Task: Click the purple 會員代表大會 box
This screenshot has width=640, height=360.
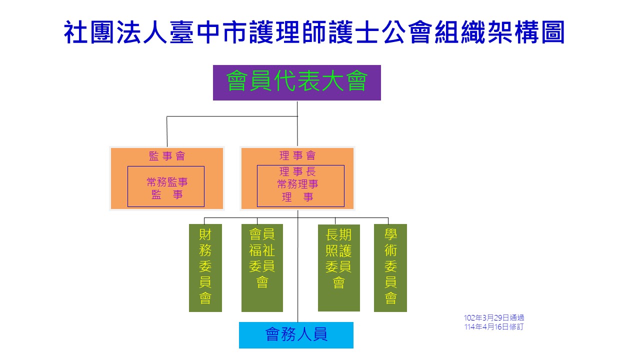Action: (x=296, y=82)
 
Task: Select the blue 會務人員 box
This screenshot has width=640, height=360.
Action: (x=296, y=334)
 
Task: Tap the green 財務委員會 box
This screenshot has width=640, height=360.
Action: (x=205, y=267)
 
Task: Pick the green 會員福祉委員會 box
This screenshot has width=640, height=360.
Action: (x=262, y=267)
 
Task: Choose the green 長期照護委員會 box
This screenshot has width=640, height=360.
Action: (x=338, y=267)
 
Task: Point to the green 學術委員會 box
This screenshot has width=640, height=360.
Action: (x=390, y=267)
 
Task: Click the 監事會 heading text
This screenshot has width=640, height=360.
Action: (x=167, y=156)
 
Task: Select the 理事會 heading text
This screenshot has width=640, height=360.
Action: (x=297, y=155)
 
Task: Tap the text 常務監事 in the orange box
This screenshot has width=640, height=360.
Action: (x=167, y=182)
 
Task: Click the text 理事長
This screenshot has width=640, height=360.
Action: (x=297, y=172)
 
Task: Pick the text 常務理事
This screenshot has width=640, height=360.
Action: (x=297, y=184)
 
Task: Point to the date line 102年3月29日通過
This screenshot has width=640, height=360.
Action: (x=493, y=318)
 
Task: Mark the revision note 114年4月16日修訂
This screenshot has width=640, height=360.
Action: (x=493, y=327)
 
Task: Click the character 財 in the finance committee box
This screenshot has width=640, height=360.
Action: (x=205, y=234)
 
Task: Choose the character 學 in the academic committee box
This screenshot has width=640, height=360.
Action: (x=390, y=234)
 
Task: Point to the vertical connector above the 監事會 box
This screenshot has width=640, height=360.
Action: (x=167, y=131)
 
